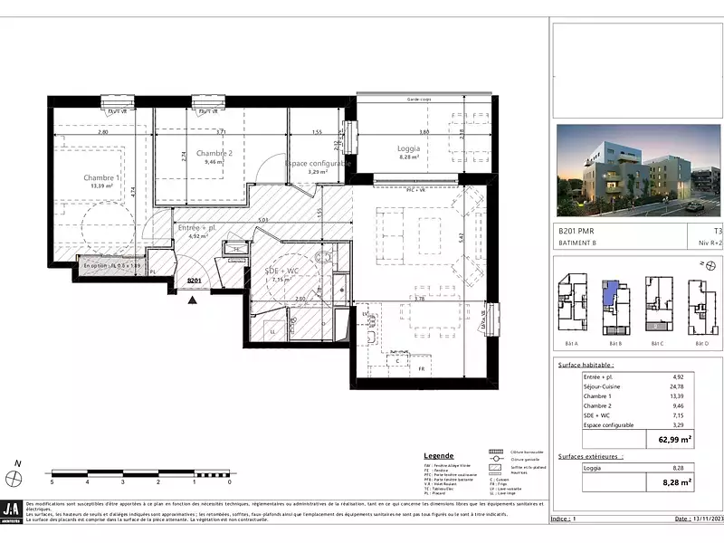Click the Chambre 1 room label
point(101,177)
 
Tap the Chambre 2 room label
point(214,154)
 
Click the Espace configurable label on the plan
point(317,164)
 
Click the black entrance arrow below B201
point(191,298)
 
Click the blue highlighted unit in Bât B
point(613,292)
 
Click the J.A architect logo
point(13,510)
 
